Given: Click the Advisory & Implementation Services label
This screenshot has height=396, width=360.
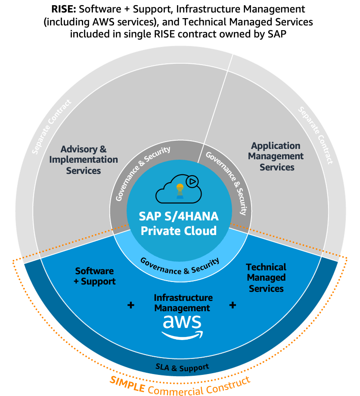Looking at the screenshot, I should (x=84, y=160).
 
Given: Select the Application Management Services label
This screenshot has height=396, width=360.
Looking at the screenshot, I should (x=276, y=156).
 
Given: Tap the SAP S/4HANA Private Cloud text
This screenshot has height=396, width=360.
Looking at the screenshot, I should (x=179, y=223).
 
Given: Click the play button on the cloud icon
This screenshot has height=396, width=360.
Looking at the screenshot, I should (x=192, y=182).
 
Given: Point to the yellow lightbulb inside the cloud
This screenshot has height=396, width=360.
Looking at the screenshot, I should (x=179, y=188).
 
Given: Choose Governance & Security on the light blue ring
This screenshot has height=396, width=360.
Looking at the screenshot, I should (x=180, y=266).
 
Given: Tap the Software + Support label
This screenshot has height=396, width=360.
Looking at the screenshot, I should (x=95, y=276).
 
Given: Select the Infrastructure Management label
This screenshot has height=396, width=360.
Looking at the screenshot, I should (x=183, y=303).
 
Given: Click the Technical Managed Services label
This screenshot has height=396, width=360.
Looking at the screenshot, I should (x=266, y=278).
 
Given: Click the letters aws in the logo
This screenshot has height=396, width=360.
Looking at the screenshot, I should (x=182, y=322).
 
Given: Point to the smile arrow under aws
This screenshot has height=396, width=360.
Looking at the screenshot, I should (x=181, y=335).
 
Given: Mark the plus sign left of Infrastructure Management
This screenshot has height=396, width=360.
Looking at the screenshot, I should (x=131, y=305).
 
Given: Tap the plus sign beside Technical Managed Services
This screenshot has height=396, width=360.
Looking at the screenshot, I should (x=233, y=305).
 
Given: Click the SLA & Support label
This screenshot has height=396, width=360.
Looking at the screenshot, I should (x=182, y=368).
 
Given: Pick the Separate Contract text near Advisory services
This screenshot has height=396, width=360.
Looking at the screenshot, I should (x=53, y=127).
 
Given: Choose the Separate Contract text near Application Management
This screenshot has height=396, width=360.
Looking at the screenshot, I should (x=316, y=135).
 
